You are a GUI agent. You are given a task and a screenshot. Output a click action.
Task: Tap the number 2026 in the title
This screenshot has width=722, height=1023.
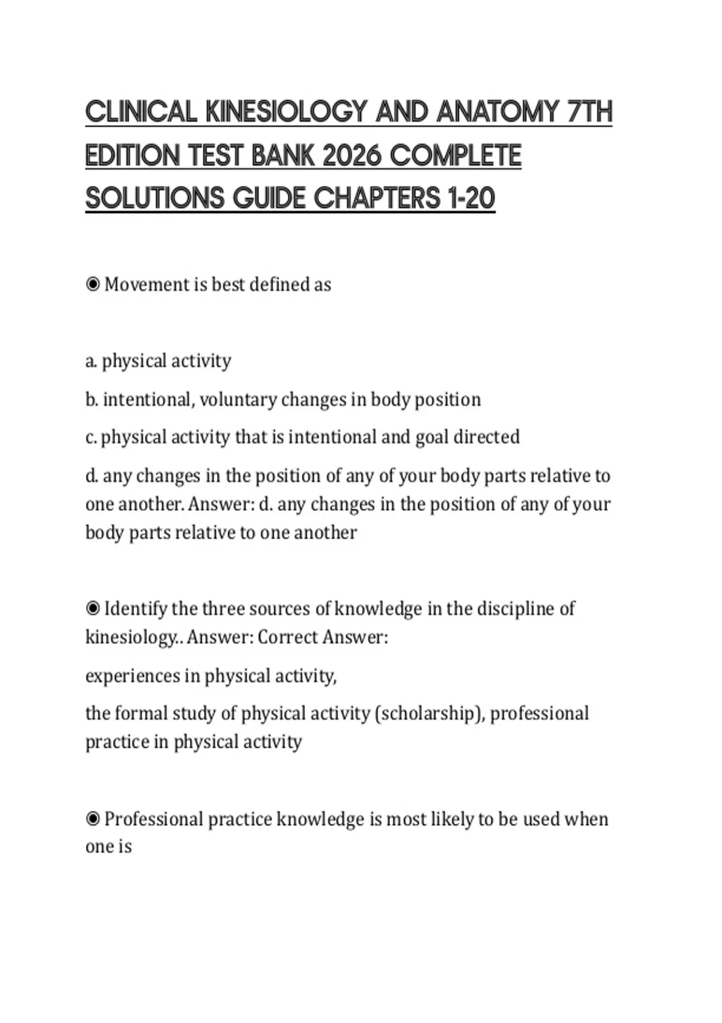352,156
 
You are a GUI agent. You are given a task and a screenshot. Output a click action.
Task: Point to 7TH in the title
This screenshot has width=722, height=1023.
590,112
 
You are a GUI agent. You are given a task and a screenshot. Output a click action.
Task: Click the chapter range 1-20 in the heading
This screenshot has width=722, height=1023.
471,198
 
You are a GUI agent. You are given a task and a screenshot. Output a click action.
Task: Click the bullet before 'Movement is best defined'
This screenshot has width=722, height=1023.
93,284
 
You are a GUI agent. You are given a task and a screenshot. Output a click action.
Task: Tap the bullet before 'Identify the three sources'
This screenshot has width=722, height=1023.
93,608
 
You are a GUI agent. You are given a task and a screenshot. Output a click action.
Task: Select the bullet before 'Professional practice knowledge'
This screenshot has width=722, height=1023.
93,819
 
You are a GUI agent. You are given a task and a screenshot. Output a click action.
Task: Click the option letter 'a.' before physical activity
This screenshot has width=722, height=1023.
91,361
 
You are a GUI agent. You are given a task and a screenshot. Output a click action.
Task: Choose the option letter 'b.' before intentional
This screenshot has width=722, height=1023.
91,400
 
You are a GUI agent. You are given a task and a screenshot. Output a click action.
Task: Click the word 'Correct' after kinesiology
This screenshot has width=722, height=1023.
288,637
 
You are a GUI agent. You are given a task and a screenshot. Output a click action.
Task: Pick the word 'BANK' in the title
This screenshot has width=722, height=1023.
283,156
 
